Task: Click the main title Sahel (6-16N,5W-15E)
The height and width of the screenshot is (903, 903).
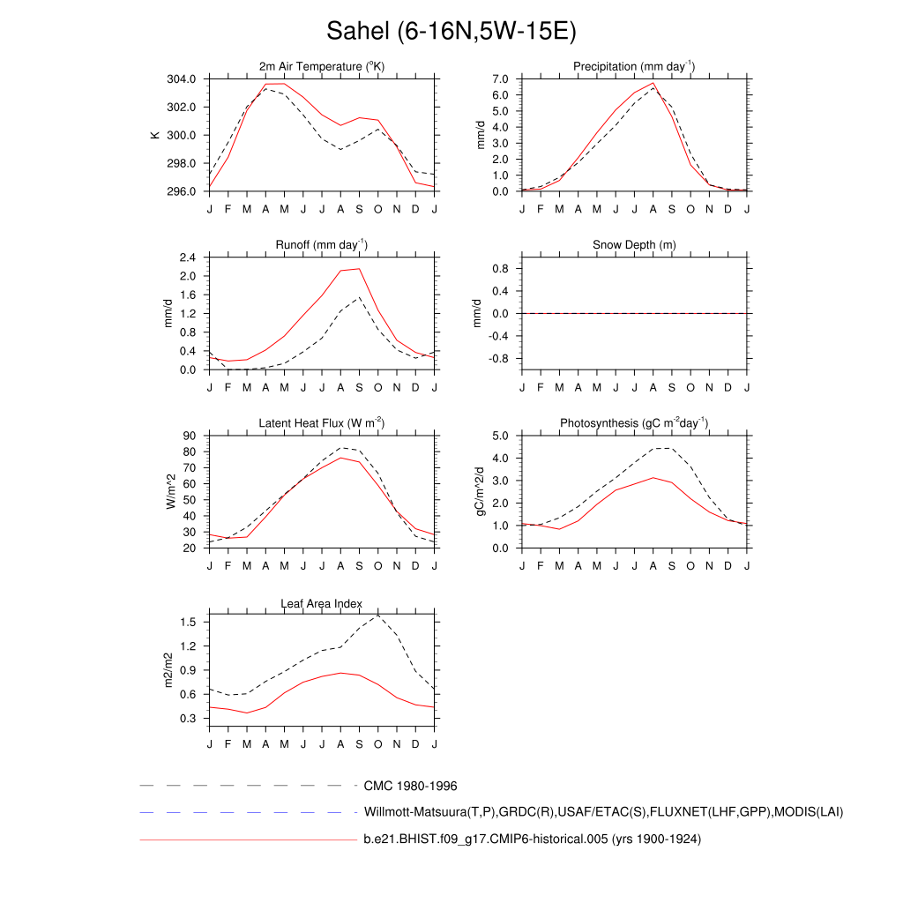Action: coord(451,32)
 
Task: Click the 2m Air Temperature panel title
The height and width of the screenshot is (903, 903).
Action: coord(322,67)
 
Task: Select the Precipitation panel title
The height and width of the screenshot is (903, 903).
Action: coord(634,67)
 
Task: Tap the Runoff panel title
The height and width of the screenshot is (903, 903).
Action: coord(322,244)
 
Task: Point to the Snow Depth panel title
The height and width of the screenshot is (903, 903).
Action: coord(634,244)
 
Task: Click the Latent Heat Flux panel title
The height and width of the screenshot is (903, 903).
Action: coord(322,423)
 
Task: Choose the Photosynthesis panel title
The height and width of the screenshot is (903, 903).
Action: coord(634,423)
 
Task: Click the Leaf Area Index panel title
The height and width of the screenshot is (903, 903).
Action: coord(322,603)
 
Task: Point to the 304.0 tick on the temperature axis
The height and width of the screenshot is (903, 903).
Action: coord(187,79)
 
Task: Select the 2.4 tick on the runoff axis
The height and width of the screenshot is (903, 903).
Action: coord(187,257)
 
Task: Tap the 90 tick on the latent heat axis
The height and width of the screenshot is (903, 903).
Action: coord(190,436)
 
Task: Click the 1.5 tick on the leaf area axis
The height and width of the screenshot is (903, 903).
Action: coord(189,622)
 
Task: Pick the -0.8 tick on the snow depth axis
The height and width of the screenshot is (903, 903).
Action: coord(501,359)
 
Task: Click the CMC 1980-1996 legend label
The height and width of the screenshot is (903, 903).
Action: coord(410,786)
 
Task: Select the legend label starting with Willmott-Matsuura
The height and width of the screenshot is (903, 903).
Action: coord(603,812)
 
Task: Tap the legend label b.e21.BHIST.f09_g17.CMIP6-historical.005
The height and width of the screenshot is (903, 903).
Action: coord(532,840)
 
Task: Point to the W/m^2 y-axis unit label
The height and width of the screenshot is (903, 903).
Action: coord(171,491)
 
